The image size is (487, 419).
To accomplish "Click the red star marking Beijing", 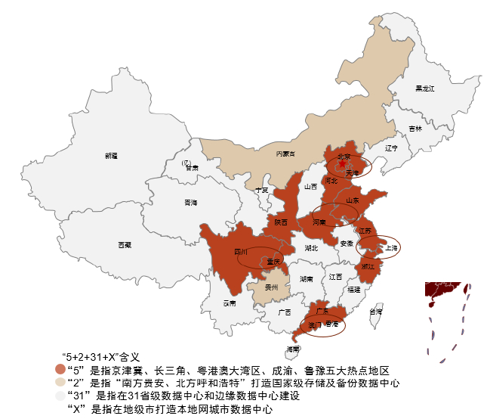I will click(x=342, y=163).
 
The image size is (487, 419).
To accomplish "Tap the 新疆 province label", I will click(x=111, y=156).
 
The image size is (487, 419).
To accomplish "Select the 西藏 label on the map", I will click(x=125, y=245).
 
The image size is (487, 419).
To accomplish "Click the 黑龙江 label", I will click(x=425, y=88).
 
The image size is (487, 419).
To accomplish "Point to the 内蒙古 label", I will click(x=286, y=154).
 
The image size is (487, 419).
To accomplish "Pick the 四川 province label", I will click(x=241, y=251).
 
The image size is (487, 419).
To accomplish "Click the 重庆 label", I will click(x=273, y=262).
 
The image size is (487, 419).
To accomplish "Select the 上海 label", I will click(x=391, y=247).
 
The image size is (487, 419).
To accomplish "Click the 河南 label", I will click(x=319, y=223).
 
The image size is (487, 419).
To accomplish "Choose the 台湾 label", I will click(x=375, y=311).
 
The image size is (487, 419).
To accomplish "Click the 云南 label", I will click(x=229, y=303).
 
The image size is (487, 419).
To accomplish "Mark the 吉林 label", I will click(x=415, y=129).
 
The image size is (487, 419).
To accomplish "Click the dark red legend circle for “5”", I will click(x=60, y=370).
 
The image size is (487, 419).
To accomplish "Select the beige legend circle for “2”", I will click(x=60, y=383).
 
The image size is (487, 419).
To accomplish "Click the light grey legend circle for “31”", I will click(x=60, y=396).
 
